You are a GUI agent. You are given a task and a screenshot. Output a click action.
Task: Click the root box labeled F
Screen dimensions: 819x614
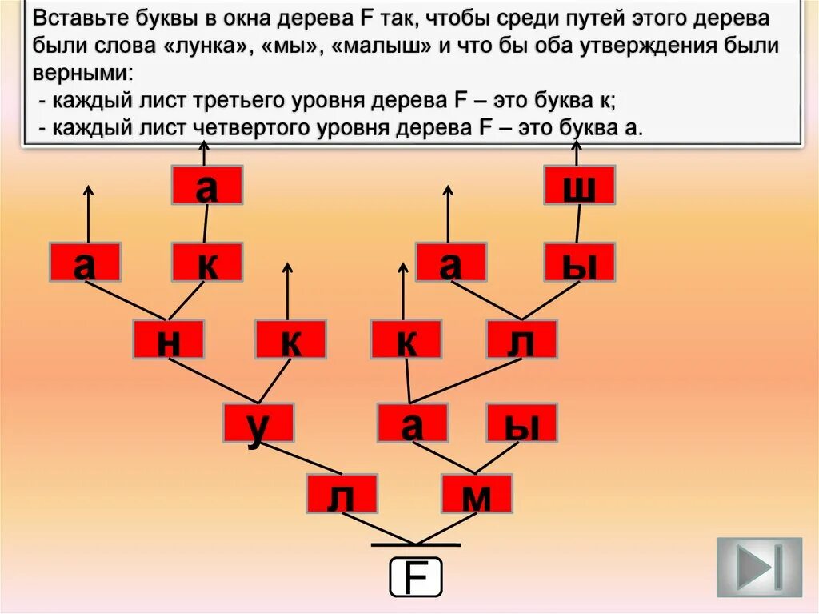(x=415, y=576)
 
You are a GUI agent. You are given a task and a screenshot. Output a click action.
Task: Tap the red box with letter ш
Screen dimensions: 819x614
(x=579, y=185)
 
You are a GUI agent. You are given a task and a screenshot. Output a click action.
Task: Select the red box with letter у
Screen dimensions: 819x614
(x=258, y=423)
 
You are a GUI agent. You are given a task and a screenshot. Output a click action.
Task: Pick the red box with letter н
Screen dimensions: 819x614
(x=168, y=339)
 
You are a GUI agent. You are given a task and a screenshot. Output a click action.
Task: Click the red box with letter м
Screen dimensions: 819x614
(x=476, y=494)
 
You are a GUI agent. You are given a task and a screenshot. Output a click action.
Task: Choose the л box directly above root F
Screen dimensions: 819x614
(x=341, y=494)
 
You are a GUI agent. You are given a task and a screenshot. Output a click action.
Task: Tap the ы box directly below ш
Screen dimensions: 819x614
(x=579, y=262)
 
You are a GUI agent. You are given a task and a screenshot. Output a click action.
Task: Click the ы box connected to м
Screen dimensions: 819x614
(x=521, y=423)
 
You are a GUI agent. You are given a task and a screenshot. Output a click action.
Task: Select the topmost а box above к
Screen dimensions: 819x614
(x=206, y=185)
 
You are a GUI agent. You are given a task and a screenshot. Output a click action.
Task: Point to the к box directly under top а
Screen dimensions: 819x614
(x=206, y=262)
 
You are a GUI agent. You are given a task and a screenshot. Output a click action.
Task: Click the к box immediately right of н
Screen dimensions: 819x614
(x=290, y=339)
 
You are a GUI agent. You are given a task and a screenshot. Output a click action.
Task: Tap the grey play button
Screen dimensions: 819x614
(x=758, y=567)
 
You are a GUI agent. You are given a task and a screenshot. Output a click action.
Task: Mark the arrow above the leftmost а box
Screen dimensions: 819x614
(x=88, y=212)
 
